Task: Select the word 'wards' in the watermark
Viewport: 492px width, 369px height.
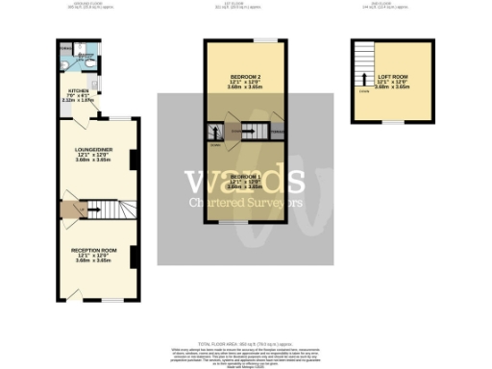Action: coord(245,180)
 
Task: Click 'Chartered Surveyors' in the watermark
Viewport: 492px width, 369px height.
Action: coord(245,203)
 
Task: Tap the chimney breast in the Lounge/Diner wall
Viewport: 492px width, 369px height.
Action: coord(134,160)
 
